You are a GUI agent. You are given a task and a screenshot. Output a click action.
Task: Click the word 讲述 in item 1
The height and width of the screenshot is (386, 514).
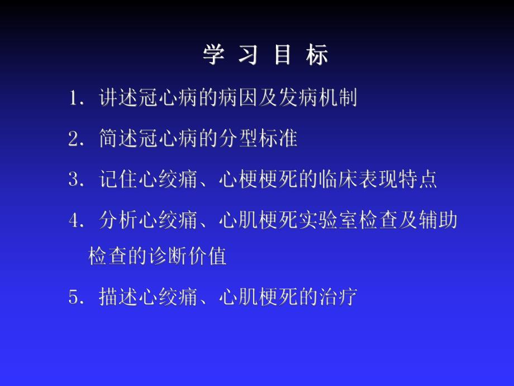coord(117,98)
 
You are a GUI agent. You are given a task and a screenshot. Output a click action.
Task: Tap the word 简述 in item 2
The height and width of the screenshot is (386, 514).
coord(117,139)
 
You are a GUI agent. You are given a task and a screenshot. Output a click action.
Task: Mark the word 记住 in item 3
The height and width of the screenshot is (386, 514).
coord(117,179)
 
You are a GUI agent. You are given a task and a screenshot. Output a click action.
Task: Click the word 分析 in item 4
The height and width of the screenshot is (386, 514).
coord(117,220)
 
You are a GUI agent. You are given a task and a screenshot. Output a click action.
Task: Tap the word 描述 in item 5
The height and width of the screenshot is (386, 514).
coord(117,296)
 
